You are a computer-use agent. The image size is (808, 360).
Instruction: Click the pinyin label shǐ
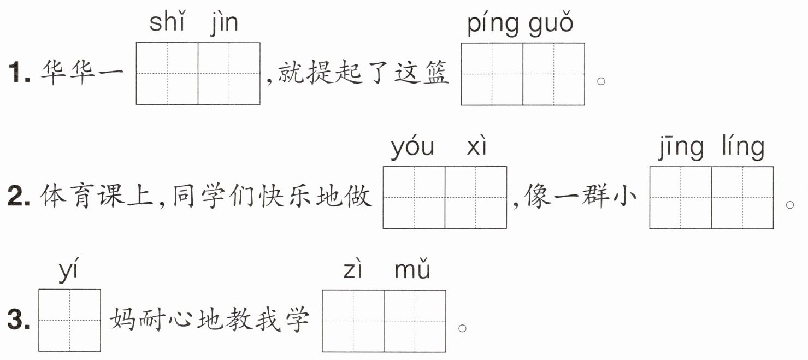pyautogui.click(x=166, y=23)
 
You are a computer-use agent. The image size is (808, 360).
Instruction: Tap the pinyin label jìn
pyautogui.click(x=225, y=24)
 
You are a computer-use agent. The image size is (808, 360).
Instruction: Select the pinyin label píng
pyautogui.click(x=493, y=26)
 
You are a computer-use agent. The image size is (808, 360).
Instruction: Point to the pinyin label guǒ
pyautogui.click(x=551, y=25)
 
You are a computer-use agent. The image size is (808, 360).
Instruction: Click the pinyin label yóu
pyautogui.click(x=412, y=147)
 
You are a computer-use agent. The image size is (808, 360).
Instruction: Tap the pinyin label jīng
pyautogui.click(x=680, y=148)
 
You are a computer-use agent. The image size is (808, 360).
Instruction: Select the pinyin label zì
pyautogui.click(x=353, y=270)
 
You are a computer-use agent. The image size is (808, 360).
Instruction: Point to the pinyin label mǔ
pyautogui.click(x=412, y=270)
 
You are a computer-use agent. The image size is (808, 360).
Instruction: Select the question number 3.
pyautogui.click(x=20, y=321)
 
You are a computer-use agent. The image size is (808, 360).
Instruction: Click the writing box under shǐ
pyautogui.click(x=167, y=73)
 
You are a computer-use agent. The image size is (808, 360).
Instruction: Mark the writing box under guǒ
pyautogui.click(x=553, y=74)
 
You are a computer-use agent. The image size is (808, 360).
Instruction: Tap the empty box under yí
pyautogui.click(x=69, y=320)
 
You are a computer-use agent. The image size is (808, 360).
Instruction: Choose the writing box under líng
pyautogui.click(x=742, y=197)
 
